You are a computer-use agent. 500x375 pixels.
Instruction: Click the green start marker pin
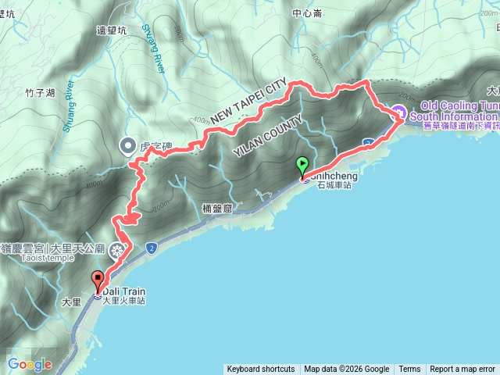pos(302,166)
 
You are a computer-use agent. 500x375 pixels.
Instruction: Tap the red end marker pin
pos(98,280)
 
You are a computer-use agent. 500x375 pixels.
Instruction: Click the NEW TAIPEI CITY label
pos(243,105)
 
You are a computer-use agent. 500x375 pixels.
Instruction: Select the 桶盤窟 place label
pos(217,208)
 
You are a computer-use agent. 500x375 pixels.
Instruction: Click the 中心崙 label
pos(307,13)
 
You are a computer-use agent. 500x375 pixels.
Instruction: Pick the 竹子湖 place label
pos(39,93)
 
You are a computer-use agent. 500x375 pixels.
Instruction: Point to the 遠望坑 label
pos(111,30)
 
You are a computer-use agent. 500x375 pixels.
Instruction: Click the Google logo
pos(30,364)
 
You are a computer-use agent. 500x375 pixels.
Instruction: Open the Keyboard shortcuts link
pos(261,370)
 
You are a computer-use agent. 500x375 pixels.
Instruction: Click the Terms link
pos(409,370)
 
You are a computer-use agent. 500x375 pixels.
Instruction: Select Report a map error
pos(462,370)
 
